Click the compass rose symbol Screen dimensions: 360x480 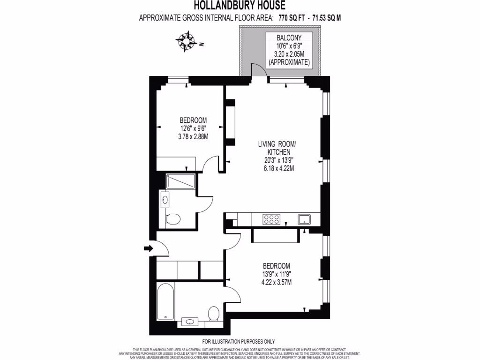point(187,41)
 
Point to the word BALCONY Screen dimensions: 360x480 point(288,37)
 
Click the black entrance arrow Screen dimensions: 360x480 point(148,248)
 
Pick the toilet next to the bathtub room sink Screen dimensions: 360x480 point(214,313)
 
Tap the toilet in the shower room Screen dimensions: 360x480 point(172,219)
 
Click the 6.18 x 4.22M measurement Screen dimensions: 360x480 point(279,168)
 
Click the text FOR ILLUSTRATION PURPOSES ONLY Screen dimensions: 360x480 point(239,341)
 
